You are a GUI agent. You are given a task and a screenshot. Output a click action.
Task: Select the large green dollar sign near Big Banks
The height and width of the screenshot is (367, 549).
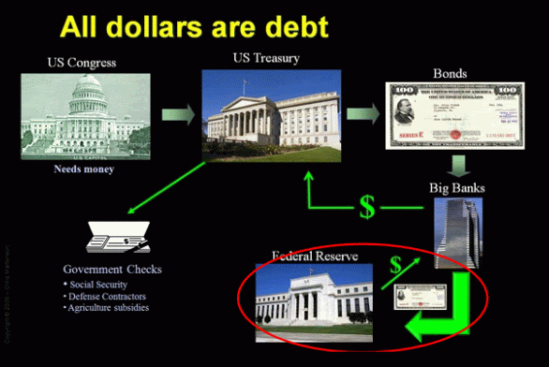point(367,206)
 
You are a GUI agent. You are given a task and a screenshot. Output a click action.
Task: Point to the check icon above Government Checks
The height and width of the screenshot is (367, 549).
point(121,238)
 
